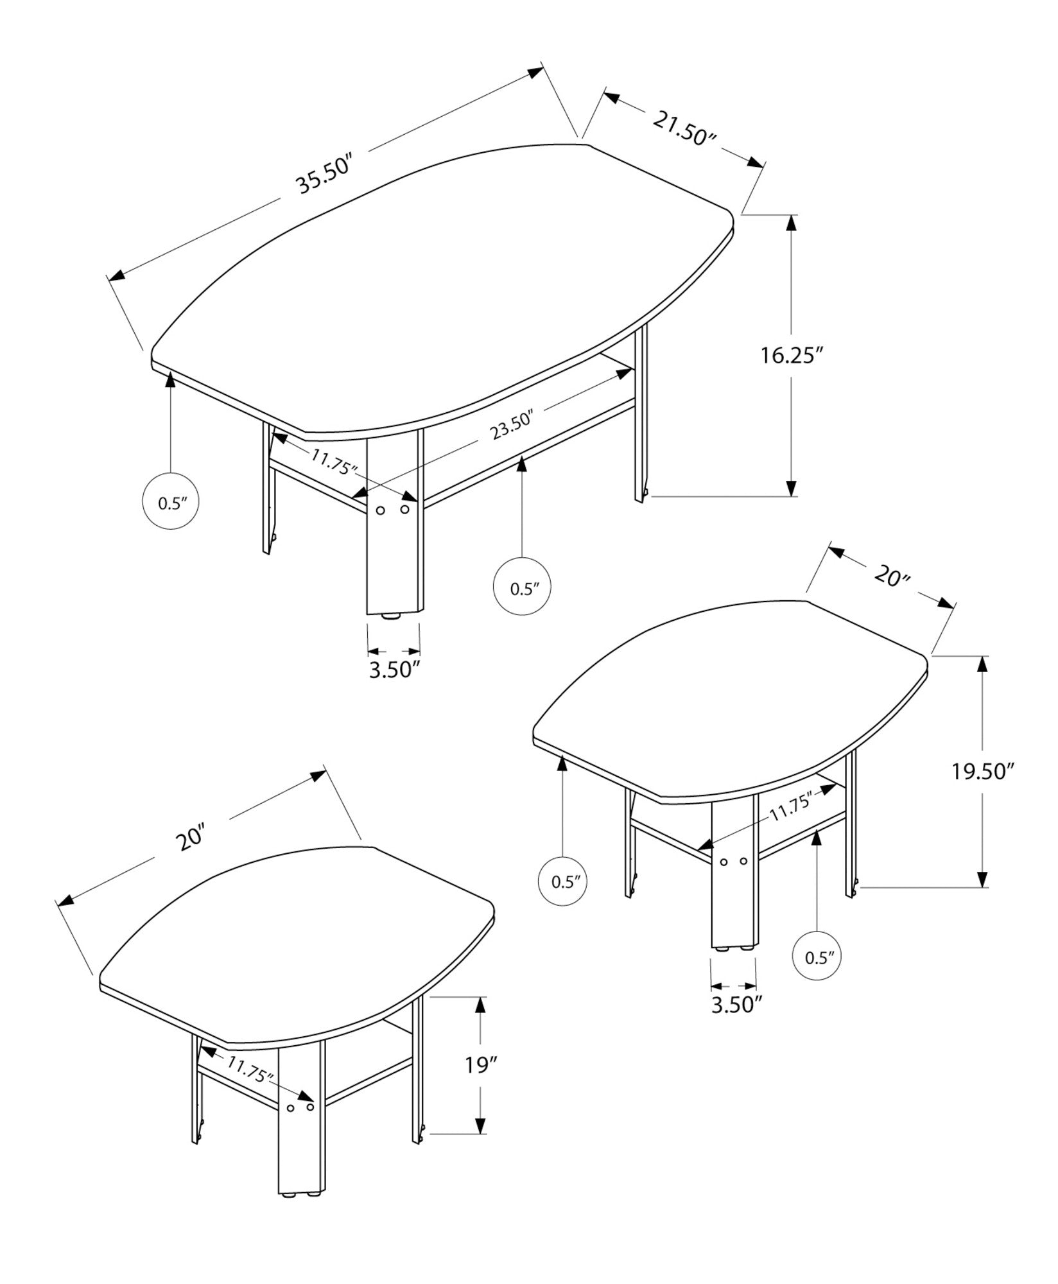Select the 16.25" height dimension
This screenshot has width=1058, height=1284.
792,355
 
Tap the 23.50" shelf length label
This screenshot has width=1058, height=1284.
513,426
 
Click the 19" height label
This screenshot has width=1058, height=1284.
481,1066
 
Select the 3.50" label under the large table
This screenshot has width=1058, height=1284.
394,670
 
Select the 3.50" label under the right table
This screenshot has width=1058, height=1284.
735,1022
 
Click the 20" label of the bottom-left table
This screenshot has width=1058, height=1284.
191,838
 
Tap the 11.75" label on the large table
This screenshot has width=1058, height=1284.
333,461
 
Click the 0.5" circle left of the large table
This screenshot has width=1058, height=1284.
169,503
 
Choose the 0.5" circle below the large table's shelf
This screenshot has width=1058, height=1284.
521,588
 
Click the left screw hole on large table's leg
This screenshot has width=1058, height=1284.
380,510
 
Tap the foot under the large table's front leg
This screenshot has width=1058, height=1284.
391,617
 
